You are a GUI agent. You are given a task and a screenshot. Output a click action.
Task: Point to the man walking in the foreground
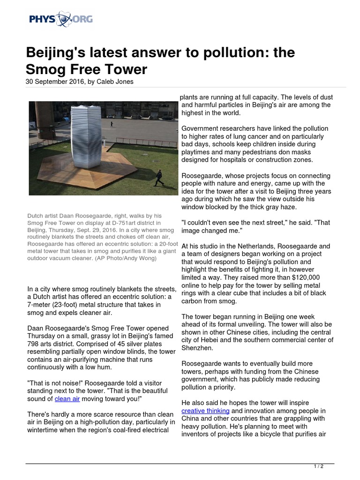tap(159, 178)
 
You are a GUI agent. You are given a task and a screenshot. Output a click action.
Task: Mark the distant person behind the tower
tap(112, 123)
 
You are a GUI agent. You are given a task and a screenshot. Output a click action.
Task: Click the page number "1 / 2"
tap(318, 466)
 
